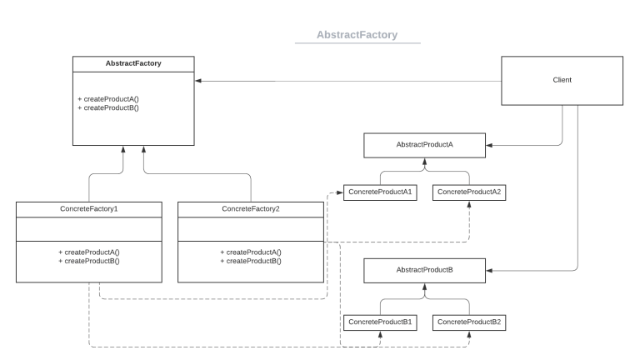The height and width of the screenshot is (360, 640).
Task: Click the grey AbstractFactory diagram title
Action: tap(357, 35)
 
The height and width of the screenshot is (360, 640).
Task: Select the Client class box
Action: tap(562, 80)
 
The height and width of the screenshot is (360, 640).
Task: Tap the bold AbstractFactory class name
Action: tap(133, 63)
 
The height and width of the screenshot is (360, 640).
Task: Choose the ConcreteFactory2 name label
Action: tap(250, 207)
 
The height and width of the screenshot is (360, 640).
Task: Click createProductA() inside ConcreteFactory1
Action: tap(88, 252)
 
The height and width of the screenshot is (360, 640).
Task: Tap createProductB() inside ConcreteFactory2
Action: tap(250, 261)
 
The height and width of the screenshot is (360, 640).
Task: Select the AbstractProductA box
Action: tap(425, 144)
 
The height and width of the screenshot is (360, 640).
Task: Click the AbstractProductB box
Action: tap(425, 271)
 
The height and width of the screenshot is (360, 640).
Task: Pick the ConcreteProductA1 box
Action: tap(380, 192)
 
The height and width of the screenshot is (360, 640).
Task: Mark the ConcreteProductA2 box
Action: tap(469, 192)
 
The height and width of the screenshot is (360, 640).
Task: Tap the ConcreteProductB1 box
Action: tap(380, 321)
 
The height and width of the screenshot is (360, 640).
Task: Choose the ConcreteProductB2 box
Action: tap(469, 321)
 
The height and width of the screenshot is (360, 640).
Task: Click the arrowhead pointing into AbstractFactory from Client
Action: tap(198, 81)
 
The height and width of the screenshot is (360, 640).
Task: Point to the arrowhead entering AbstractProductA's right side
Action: tap(489, 144)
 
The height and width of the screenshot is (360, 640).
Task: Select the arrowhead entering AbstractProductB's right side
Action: tap(489, 271)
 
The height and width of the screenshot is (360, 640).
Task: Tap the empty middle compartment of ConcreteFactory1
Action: tap(88, 228)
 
